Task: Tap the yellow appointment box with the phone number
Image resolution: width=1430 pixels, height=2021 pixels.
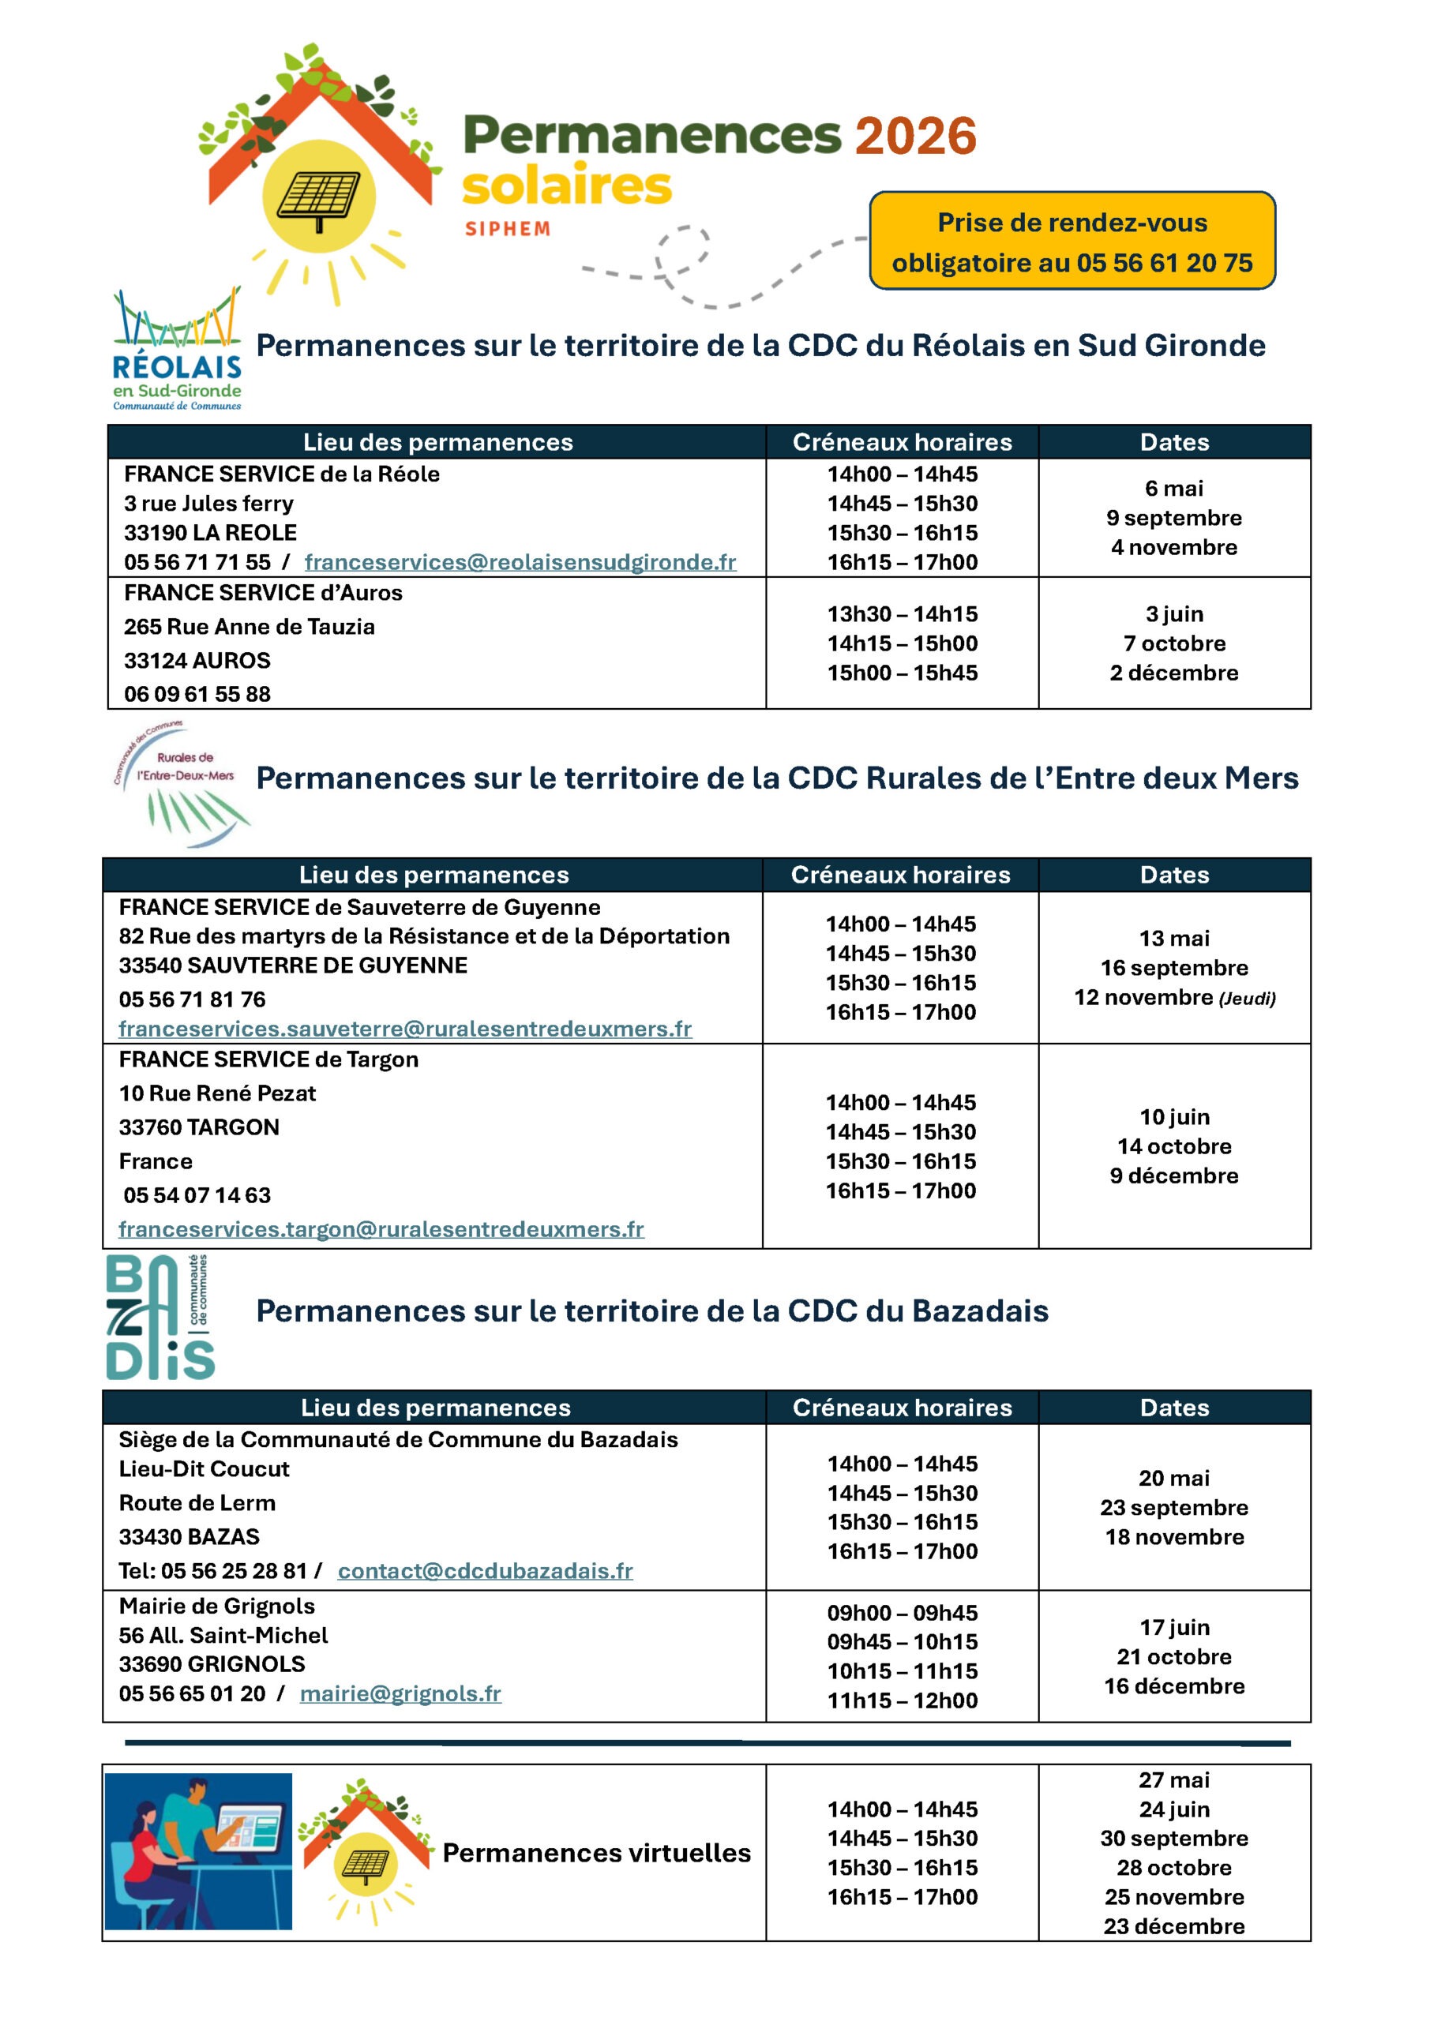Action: point(1072,242)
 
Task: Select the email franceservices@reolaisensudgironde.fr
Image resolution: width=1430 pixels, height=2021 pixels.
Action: point(520,562)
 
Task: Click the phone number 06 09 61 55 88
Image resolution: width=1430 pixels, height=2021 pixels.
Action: point(197,694)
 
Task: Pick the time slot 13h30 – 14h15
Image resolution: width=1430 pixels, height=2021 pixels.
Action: point(902,613)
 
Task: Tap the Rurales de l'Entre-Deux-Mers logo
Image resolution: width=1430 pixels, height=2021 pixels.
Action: point(181,782)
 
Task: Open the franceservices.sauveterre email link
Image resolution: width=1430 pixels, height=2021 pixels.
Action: point(405,1028)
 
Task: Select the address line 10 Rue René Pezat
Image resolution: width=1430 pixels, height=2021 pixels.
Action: point(217,1093)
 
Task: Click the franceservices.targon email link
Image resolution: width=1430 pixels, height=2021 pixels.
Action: point(381,1229)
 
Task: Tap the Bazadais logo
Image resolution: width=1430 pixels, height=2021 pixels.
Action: point(160,1317)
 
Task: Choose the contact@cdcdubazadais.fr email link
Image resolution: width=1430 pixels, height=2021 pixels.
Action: point(485,1571)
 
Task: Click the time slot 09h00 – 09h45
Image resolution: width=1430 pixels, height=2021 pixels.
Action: point(902,1613)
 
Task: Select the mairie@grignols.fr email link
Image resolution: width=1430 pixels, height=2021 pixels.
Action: point(400,1693)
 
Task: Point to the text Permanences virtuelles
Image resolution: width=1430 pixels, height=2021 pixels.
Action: point(596,1853)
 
